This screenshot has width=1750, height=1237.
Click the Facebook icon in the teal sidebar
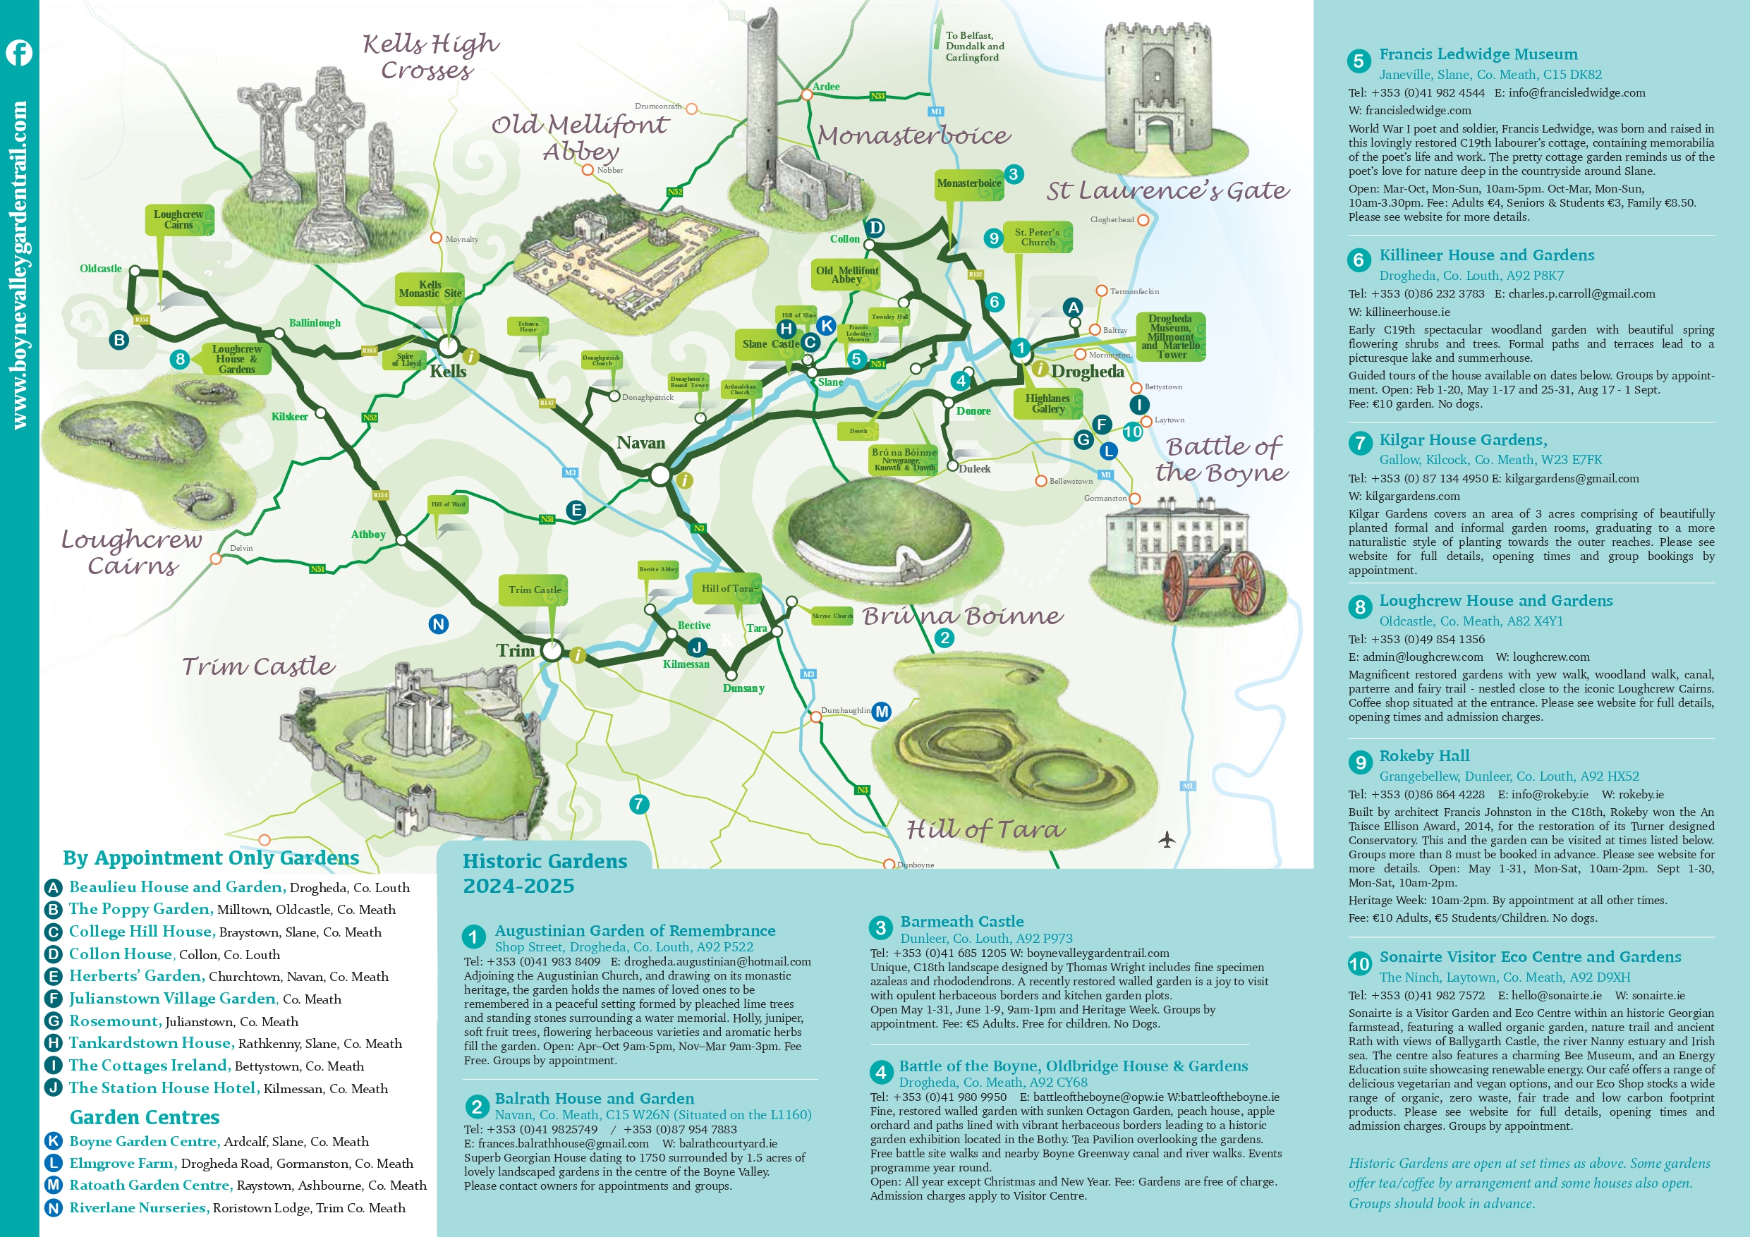[x=19, y=53]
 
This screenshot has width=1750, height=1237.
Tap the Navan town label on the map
[x=640, y=443]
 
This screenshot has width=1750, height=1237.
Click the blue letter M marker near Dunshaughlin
[x=882, y=711]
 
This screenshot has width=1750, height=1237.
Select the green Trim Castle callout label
[x=535, y=590]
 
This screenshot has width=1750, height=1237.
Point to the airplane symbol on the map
[x=1166, y=839]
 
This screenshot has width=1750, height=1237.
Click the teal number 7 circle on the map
[x=639, y=803]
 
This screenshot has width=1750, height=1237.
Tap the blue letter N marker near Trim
[x=438, y=624]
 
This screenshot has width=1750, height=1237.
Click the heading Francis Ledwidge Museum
[x=1478, y=54]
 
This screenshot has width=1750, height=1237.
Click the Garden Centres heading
[x=144, y=1117]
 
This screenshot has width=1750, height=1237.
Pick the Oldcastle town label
[x=101, y=268]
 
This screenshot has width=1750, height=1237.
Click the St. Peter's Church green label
[x=1038, y=237]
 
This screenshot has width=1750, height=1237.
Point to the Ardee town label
[x=825, y=87]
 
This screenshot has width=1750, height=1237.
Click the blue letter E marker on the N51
[x=576, y=510]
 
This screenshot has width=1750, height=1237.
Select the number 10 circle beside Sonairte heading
[x=1359, y=964]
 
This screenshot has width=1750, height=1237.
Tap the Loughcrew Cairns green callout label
[x=178, y=219]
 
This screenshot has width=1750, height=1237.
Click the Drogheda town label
[x=1087, y=371]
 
